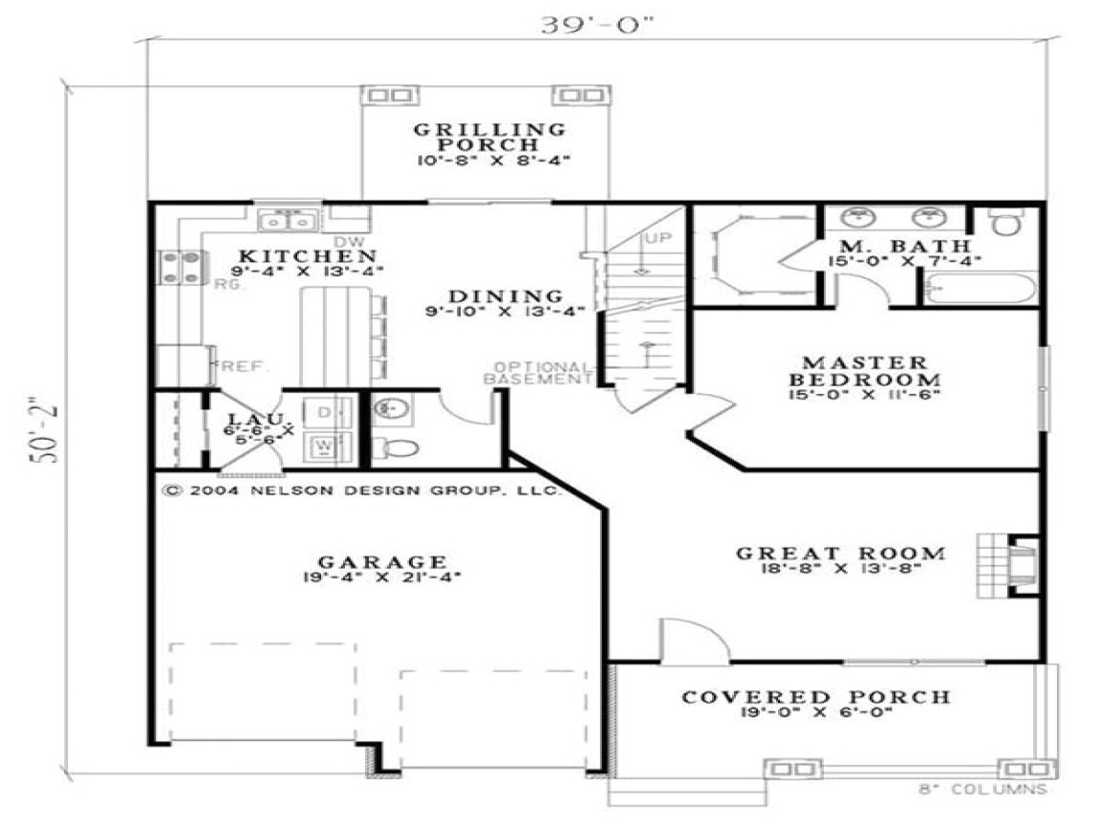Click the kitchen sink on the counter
[x=288, y=221]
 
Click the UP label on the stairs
[x=658, y=238]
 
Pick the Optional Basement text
[x=542, y=373]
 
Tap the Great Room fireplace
[x=1014, y=565]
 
